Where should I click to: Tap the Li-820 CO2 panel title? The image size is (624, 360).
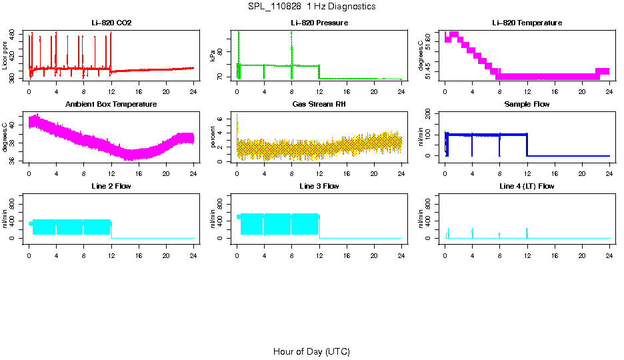(x=111, y=23)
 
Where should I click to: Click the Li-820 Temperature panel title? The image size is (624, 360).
(x=527, y=23)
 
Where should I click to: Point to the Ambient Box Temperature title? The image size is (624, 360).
(x=111, y=105)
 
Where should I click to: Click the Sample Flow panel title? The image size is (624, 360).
(x=527, y=105)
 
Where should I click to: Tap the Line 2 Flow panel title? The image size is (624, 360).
(x=111, y=187)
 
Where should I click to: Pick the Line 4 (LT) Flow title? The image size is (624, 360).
(x=527, y=187)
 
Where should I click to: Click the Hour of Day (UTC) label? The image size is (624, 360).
(x=311, y=351)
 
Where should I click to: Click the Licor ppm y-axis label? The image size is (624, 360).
(x=5, y=57)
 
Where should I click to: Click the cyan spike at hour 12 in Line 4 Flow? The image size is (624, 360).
(x=527, y=233)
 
